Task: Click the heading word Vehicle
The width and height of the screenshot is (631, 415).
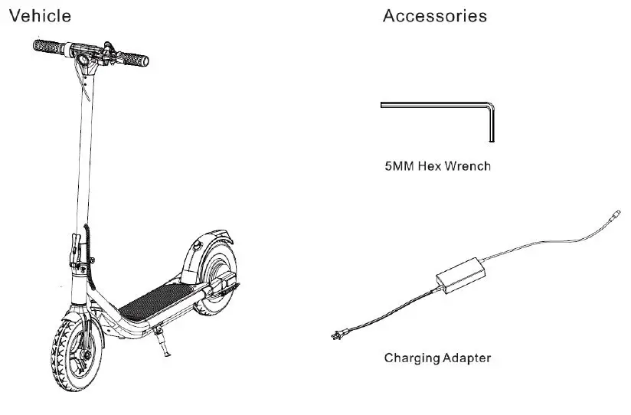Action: tap(40, 15)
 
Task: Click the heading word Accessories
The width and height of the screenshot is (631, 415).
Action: tap(434, 15)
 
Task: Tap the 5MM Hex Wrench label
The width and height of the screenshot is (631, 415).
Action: tap(437, 165)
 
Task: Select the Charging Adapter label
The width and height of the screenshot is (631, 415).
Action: tap(437, 358)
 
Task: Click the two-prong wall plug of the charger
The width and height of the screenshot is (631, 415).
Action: tap(336, 335)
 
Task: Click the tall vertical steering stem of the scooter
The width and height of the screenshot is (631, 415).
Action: tap(80, 153)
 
